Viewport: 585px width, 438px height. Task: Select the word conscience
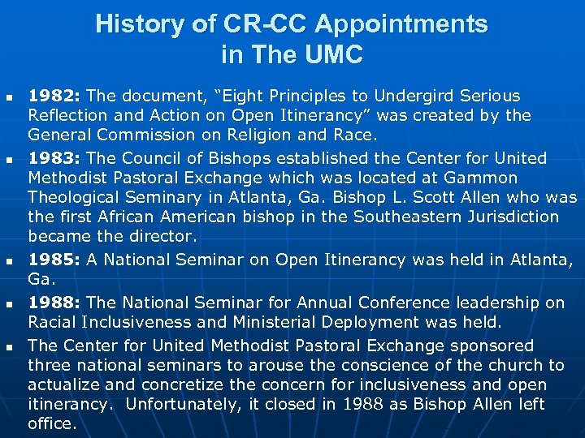350,365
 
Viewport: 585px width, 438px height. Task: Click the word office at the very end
50,424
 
